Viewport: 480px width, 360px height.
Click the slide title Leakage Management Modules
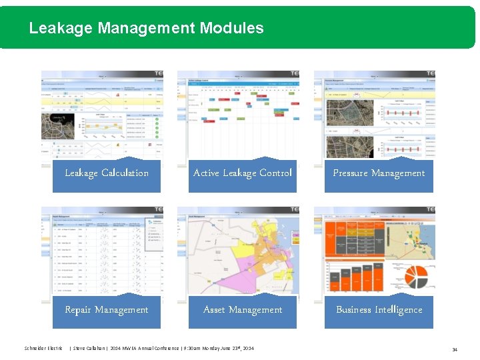point(146,28)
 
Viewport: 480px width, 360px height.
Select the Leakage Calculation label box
point(107,174)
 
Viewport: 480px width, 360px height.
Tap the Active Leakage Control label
point(243,174)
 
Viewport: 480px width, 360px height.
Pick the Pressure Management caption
point(379,174)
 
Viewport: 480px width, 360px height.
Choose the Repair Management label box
point(107,311)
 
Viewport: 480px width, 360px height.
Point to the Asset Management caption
point(243,311)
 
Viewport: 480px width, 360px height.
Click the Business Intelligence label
point(379,311)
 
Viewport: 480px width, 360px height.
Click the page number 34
point(455,349)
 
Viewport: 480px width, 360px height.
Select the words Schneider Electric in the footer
point(43,349)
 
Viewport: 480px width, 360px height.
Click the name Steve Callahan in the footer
point(88,349)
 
